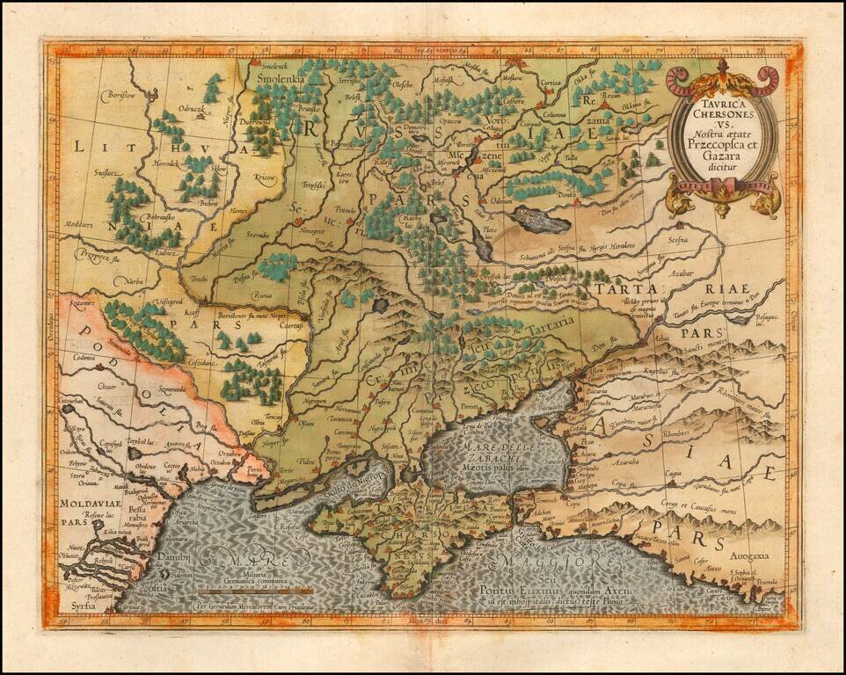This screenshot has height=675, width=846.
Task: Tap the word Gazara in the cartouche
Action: (723, 156)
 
